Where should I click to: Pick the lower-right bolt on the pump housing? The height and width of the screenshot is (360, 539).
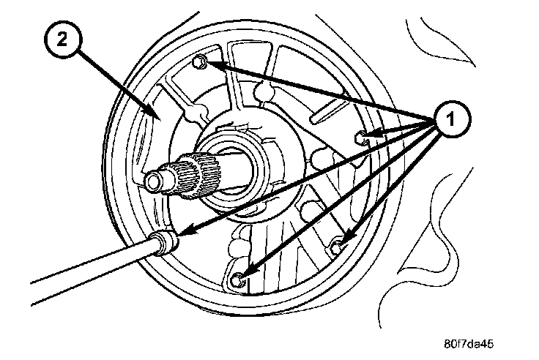(338, 247)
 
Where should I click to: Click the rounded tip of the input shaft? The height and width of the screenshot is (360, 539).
(155, 179)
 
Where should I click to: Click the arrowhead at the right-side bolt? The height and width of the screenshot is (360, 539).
(371, 134)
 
